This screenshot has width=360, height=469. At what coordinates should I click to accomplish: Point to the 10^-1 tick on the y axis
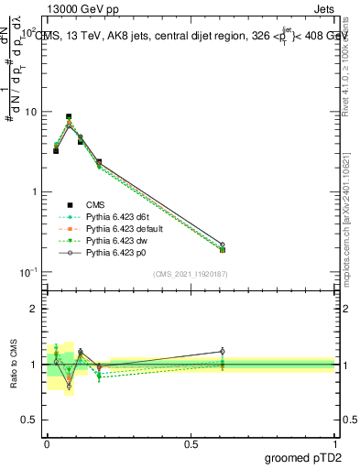(27, 272)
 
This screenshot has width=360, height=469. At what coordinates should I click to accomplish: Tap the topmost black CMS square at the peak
(69, 117)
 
